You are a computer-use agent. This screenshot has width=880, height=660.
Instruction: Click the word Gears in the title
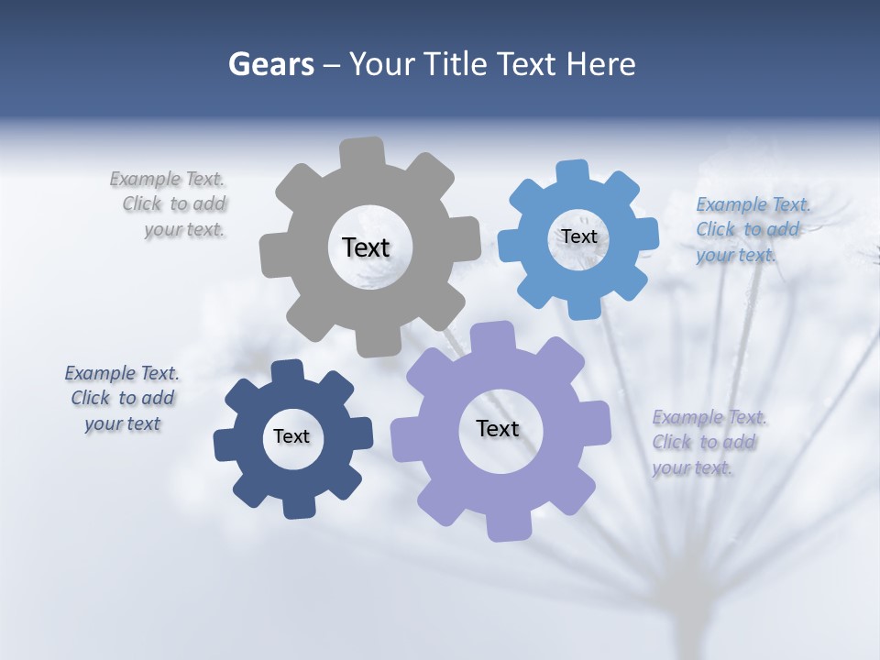coord(270,64)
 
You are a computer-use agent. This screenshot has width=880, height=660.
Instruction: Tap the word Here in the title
coord(601,64)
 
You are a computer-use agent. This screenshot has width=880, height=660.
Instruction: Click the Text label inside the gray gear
coord(366,247)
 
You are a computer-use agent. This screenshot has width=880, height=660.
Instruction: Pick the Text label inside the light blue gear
coord(578,236)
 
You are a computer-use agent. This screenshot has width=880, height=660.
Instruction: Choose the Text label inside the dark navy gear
coord(291,437)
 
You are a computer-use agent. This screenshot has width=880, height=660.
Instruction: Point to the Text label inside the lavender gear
coord(498,429)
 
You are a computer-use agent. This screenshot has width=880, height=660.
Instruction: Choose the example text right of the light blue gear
coord(749,229)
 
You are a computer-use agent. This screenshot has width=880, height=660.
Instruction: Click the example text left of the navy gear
coord(122,399)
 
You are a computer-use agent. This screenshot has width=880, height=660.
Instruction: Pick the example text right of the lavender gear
coord(708,443)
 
